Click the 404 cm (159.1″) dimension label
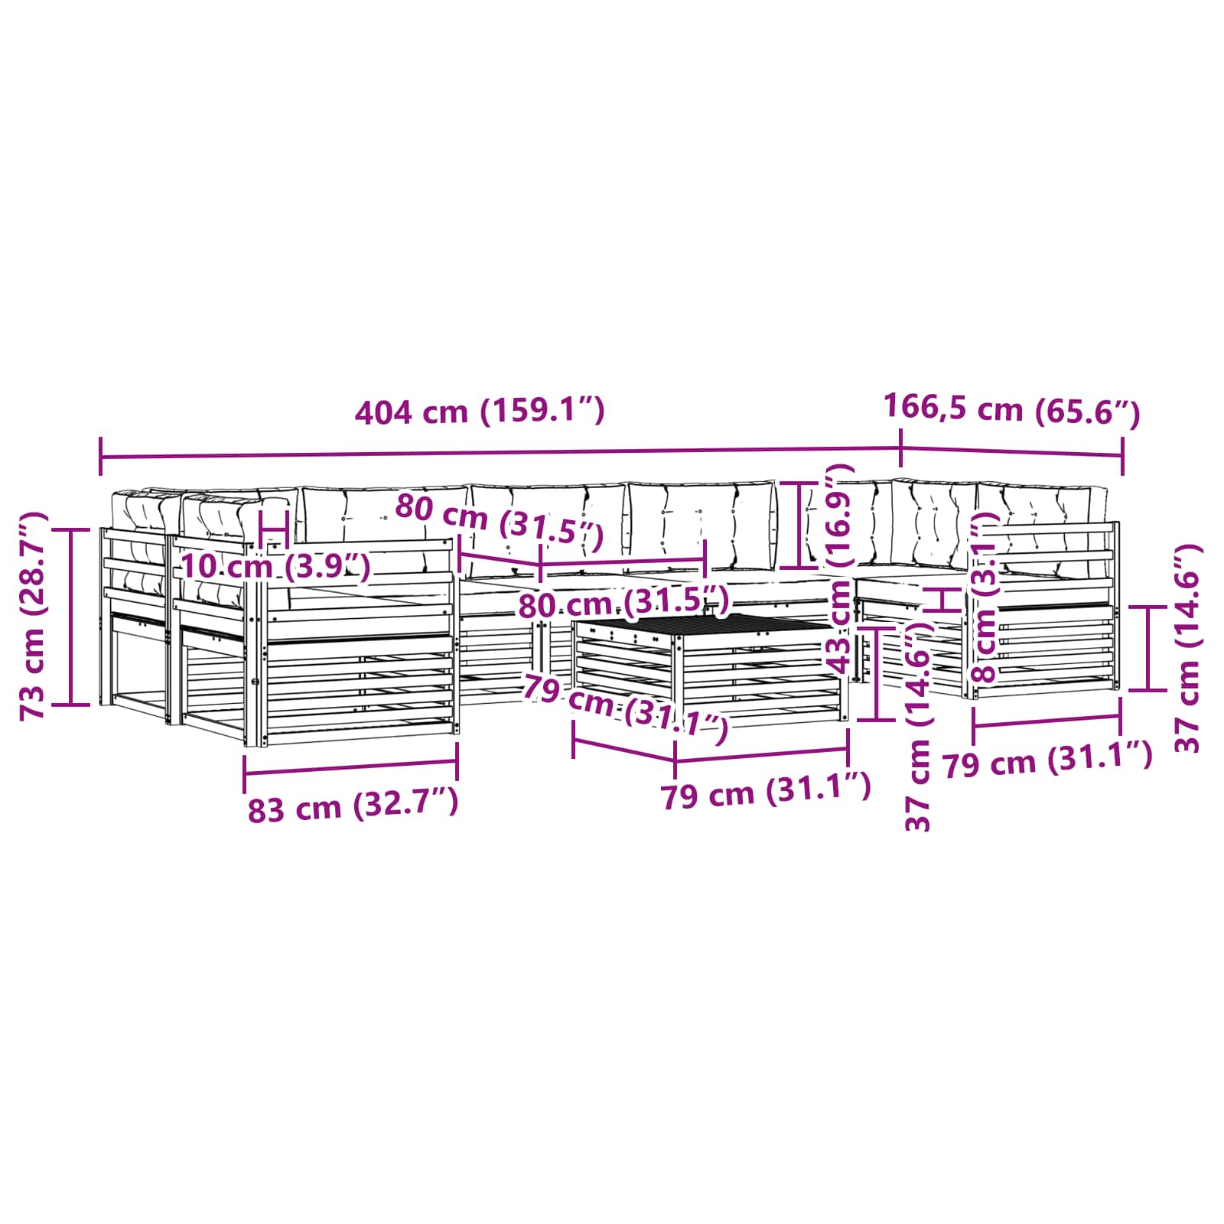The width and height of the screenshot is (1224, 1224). [x=480, y=412]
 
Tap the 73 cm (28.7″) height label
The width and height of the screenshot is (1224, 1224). [x=34, y=616]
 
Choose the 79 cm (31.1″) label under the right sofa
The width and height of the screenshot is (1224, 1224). [x=1047, y=762]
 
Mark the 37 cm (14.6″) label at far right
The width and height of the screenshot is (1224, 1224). [x=1187, y=649]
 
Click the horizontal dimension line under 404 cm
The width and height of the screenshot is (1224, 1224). [x=497, y=453]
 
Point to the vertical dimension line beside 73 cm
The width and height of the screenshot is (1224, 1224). [x=71, y=616]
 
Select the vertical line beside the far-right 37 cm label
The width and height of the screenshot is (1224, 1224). [x=1148, y=648]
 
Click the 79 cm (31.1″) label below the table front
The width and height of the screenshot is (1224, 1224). [x=765, y=793]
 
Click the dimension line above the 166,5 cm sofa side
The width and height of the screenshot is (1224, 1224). [x=1011, y=451]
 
